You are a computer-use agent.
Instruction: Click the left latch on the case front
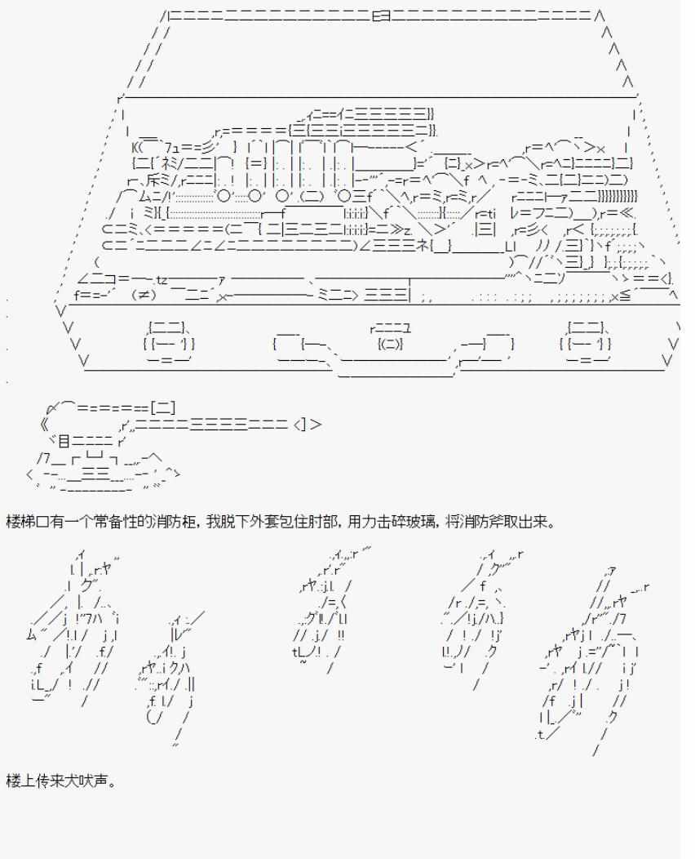click(169, 344)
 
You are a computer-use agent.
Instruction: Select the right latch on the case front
click(586, 344)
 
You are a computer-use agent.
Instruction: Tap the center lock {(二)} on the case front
click(390, 344)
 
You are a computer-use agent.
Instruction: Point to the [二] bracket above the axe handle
click(163, 407)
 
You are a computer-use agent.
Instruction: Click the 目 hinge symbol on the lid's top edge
click(382, 16)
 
